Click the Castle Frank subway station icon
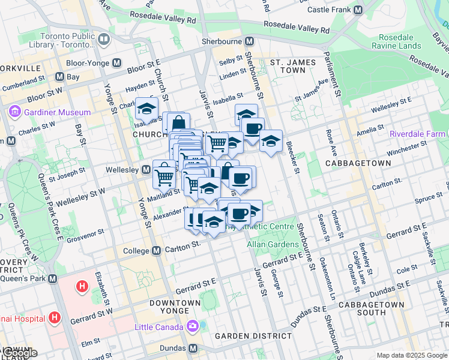click(x=358, y=10)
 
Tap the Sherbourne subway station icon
click(x=249, y=41)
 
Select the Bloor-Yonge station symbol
click(x=116, y=62)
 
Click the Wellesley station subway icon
click(x=145, y=170)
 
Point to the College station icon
click(x=156, y=250)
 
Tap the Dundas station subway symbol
click(x=193, y=348)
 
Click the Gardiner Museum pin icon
click(x=14, y=112)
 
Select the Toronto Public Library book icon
click(x=104, y=40)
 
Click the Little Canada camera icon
click(x=193, y=327)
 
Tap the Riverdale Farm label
click(x=418, y=134)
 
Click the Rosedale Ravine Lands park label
click(x=396, y=41)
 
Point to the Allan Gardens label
click(x=273, y=244)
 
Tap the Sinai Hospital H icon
click(x=54, y=317)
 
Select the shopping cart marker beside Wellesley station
click(x=164, y=175)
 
